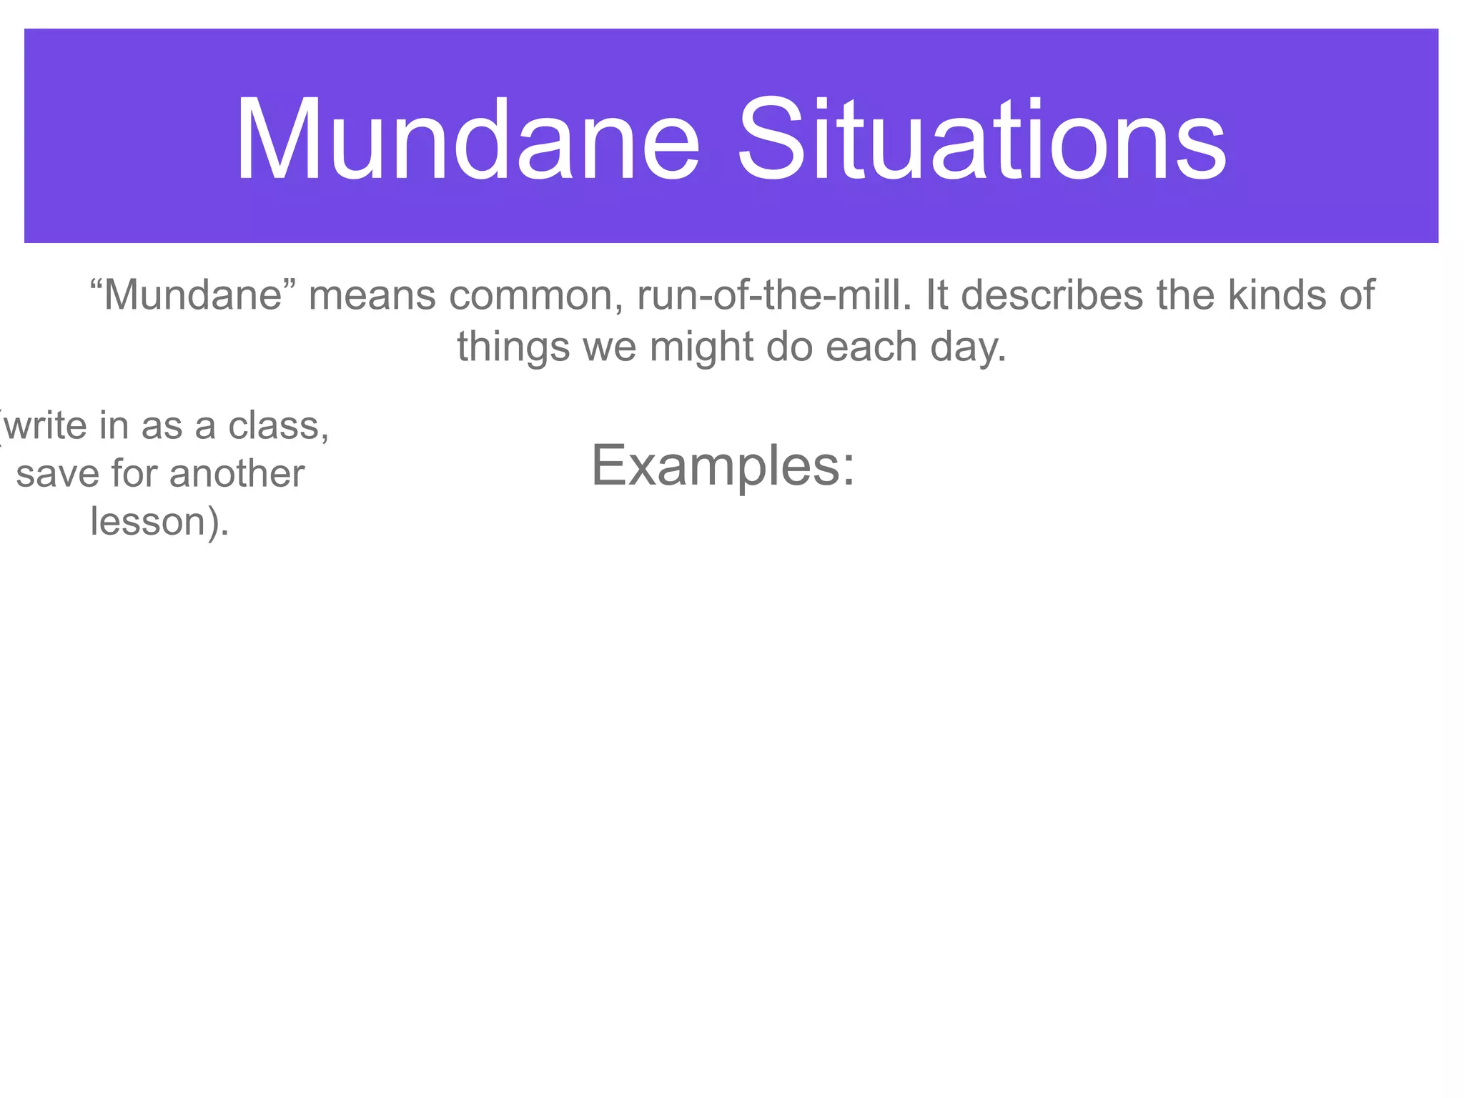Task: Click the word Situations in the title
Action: [x=981, y=139]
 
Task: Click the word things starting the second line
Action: [x=513, y=347]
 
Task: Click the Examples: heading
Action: [x=722, y=466]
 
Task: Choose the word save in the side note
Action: [x=57, y=475]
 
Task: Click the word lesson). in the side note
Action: [x=159, y=522]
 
